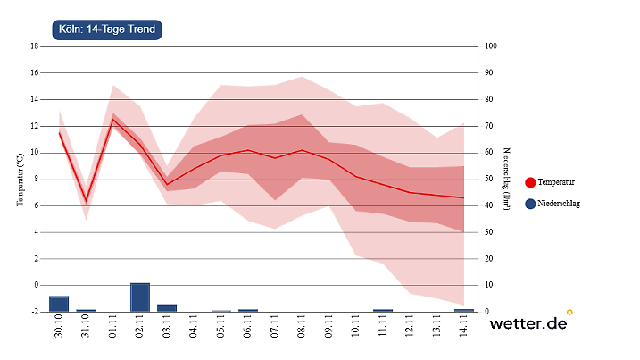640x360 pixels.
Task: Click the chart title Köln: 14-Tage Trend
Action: [107, 29]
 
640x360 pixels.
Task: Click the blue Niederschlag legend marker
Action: [531, 204]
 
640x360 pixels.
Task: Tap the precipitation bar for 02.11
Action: [140, 297]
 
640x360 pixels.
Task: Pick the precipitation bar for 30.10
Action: [59, 304]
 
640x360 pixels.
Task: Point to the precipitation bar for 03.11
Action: [167, 308]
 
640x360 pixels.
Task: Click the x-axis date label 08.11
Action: [302, 328]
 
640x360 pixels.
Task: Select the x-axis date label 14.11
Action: [464, 328]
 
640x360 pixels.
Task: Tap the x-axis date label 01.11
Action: [113, 328]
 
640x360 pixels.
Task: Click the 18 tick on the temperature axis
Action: [34, 46]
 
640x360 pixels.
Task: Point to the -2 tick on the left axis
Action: [34, 312]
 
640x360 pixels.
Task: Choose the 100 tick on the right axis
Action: [489, 46]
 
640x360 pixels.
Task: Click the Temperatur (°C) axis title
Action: [20, 179]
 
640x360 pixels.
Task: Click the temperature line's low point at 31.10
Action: [87, 200]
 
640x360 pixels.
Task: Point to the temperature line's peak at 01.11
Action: [113, 120]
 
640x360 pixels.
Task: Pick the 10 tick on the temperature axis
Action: [34, 152]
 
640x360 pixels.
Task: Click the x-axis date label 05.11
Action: [221, 328]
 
